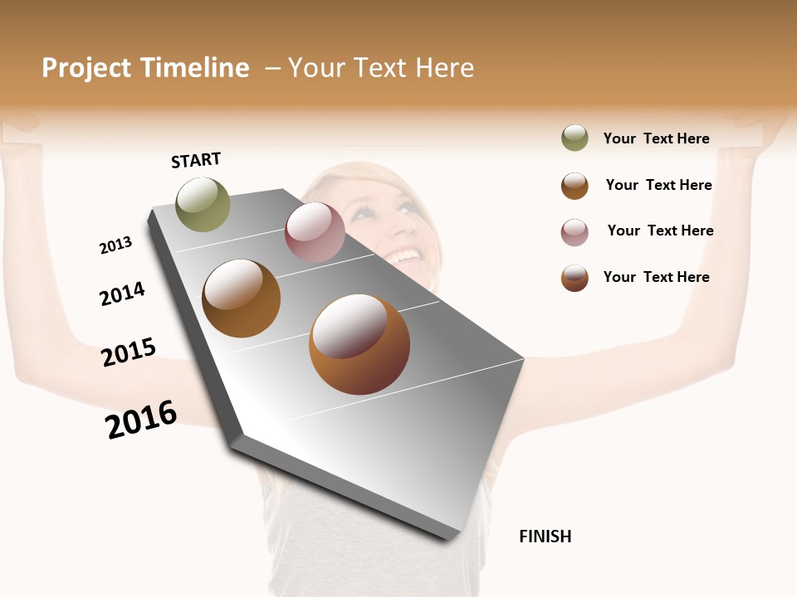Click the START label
[x=196, y=160]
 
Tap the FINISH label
[x=545, y=536]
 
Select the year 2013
[x=115, y=245]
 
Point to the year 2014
[x=122, y=294]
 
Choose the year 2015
[x=129, y=352]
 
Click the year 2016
[x=141, y=420]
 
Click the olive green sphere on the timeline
[x=203, y=204]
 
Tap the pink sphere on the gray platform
[x=315, y=232]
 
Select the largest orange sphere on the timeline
[x=359, y=344]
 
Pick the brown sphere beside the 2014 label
[x=241, y=298]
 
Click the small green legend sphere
[x=575, y=138]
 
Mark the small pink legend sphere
[x=575, y=232]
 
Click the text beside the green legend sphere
[x=656, y=139]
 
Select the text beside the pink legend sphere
[x=660, y=231]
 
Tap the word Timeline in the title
[x=194, y=68]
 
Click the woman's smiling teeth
[x=405, y=255]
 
